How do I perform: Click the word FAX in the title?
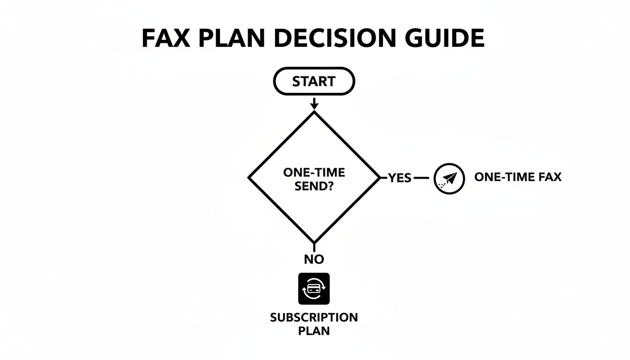click(x=165, y=39)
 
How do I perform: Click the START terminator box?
click(x=314, y=82)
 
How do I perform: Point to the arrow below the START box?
click(x=314, y=103)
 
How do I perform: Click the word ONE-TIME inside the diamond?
click(x=314, y=172)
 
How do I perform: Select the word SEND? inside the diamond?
click(x=314, y=186)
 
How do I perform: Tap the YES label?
click(x=400, y=178)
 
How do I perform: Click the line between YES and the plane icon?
click(x=422, y=178)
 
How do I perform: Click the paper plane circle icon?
click(x=449, y=179)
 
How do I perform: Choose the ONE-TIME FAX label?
click(x=517, y=177)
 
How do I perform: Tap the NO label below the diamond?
click(x=314, y=259)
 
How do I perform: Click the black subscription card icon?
click(x=314, y=289)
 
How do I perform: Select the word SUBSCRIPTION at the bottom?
click(x=314, y=317)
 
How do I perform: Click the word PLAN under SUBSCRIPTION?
click(x=314, y=330)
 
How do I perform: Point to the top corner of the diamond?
click(x=314, y=112)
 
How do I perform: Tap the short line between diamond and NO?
click(x=314, y=247)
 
